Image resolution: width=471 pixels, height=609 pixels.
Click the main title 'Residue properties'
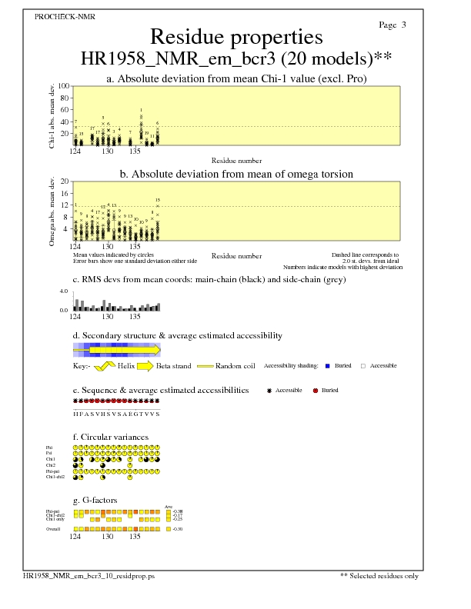coord(236,37)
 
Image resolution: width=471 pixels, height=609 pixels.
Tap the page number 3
coord(404,25)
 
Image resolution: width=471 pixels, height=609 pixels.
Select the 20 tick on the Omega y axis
coord(65,181)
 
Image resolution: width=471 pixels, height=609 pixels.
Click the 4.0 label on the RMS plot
coord(65,292)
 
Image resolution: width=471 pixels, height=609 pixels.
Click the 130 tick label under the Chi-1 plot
coord(108,151)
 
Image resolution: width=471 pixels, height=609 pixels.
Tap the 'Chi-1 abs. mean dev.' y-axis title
coord(52,115)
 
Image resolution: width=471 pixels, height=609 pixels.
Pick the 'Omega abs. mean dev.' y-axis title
coord(52,211)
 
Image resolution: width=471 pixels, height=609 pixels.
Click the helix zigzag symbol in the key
coord(105,365)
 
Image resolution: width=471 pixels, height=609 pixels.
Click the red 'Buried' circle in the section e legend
coord(316,391)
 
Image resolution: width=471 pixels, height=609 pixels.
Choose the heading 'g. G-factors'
coord(95,500)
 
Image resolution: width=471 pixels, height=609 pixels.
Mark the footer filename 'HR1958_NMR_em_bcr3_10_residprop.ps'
coord(89,575)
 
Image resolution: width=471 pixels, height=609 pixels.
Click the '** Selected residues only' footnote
coord(379,575)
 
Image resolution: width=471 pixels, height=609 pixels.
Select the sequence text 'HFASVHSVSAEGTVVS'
coord(116,414)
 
